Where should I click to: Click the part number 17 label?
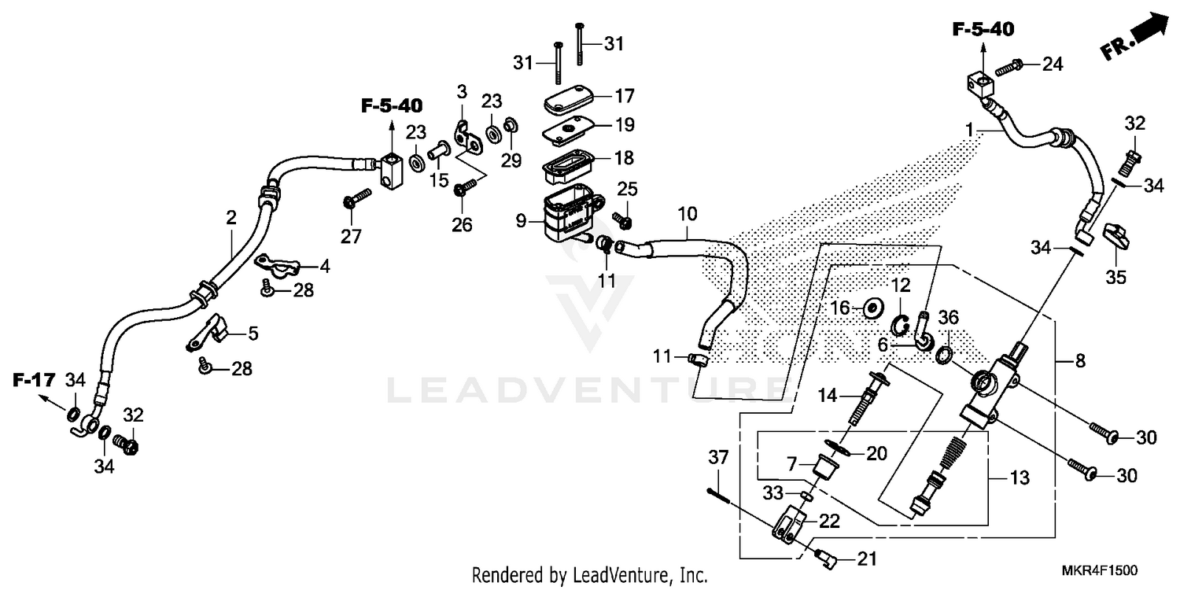[x=624, y=96]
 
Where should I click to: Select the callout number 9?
[x=521, y=222]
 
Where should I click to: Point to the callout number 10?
[x=687, y=213]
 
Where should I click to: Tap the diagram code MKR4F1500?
[x=1101, y=570]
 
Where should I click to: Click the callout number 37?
[x=718, y=458]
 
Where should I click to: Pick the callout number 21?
[x=865, y=559]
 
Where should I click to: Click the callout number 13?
[x=1020, y=478]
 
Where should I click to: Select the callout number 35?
[x=1116, y=277]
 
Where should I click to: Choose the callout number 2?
[x=230, y=218]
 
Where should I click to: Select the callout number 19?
[x=624, y=125]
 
